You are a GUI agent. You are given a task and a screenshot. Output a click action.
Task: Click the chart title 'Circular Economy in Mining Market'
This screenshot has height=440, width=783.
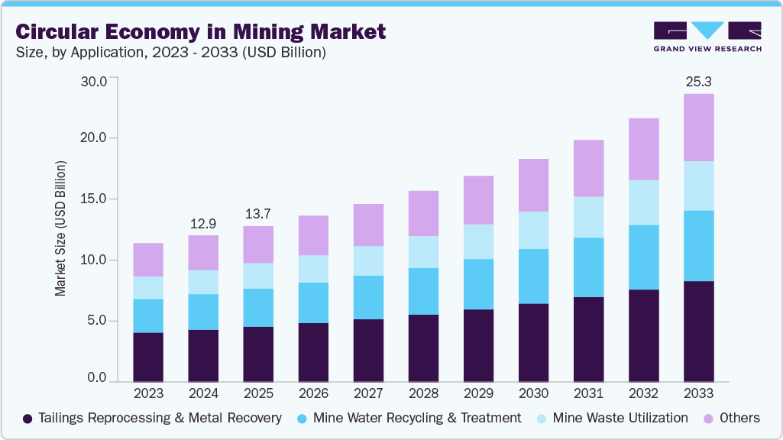click(x=201, y=31)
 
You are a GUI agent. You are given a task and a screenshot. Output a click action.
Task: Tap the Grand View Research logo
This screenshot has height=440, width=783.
click(x=707, y=36)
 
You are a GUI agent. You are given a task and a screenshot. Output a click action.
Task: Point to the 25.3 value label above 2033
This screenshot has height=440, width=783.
click(x=698, y=81)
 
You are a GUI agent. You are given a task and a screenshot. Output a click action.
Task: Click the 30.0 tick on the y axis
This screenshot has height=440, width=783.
click(x=95, y=81)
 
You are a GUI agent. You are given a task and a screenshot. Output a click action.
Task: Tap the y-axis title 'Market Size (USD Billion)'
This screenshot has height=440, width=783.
click(x=60, y=229)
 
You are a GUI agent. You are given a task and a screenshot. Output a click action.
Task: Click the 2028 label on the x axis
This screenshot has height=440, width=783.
click(x=423, y=394)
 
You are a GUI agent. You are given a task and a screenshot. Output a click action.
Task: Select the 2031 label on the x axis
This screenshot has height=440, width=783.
click(x=588, y=394)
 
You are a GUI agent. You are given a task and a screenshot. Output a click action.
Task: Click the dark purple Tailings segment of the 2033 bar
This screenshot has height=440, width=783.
click(x=698, y=331)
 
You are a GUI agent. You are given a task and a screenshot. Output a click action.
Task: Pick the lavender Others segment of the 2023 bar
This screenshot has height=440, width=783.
click(x=148, y=260)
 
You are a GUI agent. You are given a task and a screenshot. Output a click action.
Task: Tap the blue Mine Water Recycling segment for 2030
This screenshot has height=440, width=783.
click(x=533, y=276)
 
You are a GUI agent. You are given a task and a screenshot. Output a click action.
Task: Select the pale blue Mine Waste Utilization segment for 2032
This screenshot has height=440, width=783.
click(x=643, y=202)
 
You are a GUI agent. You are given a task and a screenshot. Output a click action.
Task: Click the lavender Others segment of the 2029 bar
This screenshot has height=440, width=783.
click(x=478, y=199)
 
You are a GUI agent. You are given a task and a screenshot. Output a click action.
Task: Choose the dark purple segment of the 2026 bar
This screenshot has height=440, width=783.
click(x=313, y=352)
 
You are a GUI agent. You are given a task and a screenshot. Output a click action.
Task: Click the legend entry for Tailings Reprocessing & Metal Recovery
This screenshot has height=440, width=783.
click(x=152, y=418)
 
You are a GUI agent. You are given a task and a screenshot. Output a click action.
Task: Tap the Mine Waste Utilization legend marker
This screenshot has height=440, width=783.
click(x=541, y=419)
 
